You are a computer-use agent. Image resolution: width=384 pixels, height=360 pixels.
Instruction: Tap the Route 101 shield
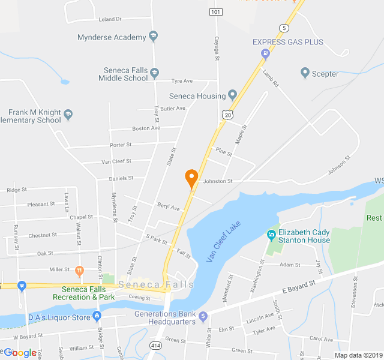coord(216,12)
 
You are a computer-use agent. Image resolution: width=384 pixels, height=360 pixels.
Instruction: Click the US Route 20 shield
coord(227,114)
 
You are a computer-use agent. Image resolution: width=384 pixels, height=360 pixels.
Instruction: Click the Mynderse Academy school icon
coord(153,37)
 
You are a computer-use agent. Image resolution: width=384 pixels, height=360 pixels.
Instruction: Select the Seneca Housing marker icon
coord(233,95)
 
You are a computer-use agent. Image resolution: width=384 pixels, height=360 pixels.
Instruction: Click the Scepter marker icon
coord(305,74)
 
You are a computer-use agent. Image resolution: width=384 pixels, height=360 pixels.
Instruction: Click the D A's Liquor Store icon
coord(97,316)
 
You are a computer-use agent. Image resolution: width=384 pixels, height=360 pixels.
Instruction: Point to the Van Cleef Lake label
coord(223,241)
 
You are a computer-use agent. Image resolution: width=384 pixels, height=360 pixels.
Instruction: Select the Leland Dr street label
coord(109,19)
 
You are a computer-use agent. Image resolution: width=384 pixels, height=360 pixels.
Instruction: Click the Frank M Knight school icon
coord(68,113)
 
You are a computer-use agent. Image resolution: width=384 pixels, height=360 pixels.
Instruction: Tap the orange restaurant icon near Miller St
coord(79,270)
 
